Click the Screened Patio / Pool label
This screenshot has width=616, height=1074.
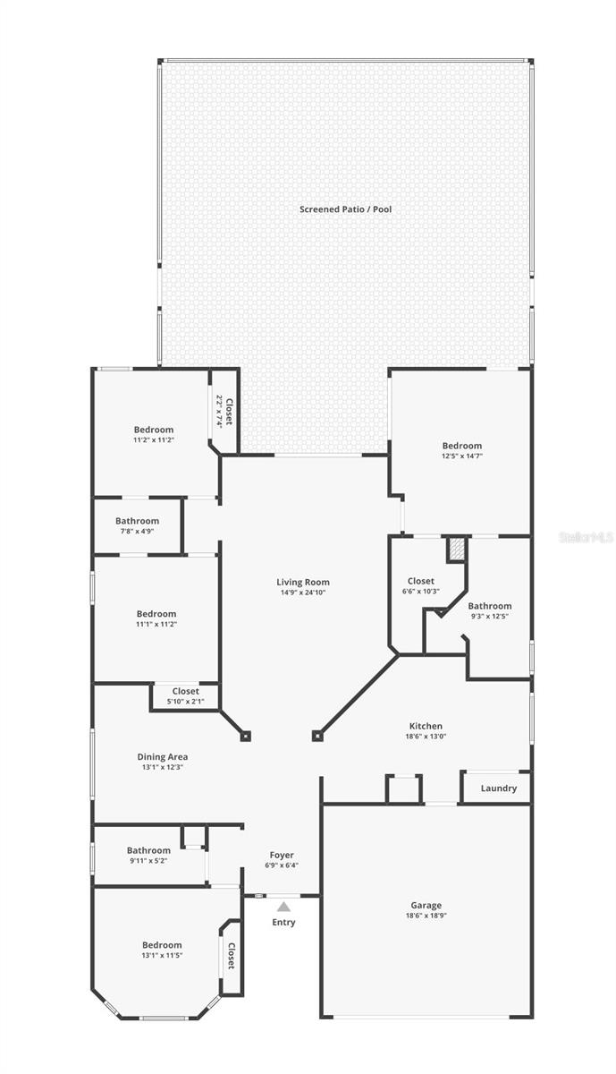tap(345, 209)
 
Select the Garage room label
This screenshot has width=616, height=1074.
tap(426, 906)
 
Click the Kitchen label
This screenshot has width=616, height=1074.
tap(426, 726)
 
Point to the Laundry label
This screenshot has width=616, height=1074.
tap(498, 788)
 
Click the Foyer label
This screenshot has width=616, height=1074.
tap(282, 855)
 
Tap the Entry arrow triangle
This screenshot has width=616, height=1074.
tap(283, 907)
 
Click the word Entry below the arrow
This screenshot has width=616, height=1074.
tap(283, 923)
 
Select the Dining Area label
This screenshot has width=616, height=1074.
tap(162, 756)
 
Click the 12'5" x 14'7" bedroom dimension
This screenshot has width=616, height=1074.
tap(461, 456)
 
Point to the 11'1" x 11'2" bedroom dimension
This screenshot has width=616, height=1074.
tap(156, 624)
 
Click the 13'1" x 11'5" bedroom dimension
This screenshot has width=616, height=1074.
tap(162, 955)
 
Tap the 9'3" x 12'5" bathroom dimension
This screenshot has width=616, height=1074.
tap(489, 616)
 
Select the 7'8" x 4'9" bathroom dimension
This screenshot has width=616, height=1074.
tap(137, 531)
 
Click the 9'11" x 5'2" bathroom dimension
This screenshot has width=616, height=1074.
tap(148, 860)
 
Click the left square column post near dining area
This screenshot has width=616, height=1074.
tap(246, 736)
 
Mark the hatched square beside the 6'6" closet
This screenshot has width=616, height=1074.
tap(457, 549)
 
